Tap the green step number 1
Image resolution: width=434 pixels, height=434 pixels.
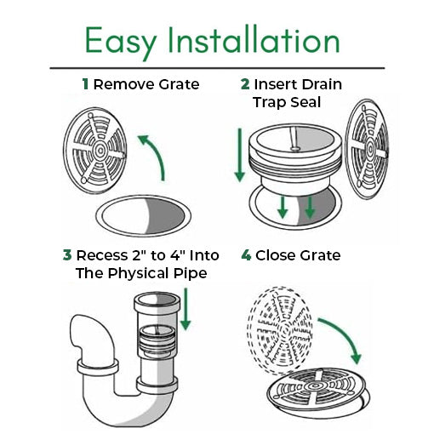(85, 84)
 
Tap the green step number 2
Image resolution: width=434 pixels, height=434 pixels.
(245, 84)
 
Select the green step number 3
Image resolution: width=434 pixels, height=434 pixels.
(66, 255)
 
